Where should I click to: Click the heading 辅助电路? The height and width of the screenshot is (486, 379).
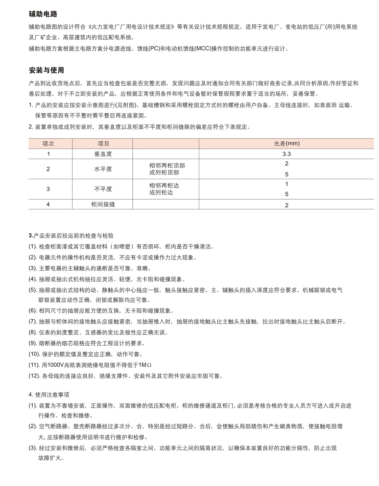43,14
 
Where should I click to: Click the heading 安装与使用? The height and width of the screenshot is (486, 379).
46,70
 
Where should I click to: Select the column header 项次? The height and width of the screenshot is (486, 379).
48,144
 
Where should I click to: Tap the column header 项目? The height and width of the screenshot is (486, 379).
103,144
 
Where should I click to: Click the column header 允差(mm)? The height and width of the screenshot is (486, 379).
287,144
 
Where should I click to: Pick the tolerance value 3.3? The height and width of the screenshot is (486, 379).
287,154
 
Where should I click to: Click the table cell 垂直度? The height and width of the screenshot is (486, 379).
103,154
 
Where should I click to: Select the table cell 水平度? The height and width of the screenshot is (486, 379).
103,169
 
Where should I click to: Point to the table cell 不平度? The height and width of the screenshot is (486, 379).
103,189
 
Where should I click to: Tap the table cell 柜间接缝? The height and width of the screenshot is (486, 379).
103,204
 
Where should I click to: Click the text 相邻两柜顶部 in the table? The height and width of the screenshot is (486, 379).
167,166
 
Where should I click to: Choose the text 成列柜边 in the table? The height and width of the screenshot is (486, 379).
161,193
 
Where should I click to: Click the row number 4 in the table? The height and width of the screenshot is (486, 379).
48,204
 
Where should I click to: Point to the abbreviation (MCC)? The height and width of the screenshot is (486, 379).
203,48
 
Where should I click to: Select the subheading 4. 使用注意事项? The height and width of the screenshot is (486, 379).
49,395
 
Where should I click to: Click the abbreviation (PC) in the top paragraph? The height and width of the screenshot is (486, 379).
154,48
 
